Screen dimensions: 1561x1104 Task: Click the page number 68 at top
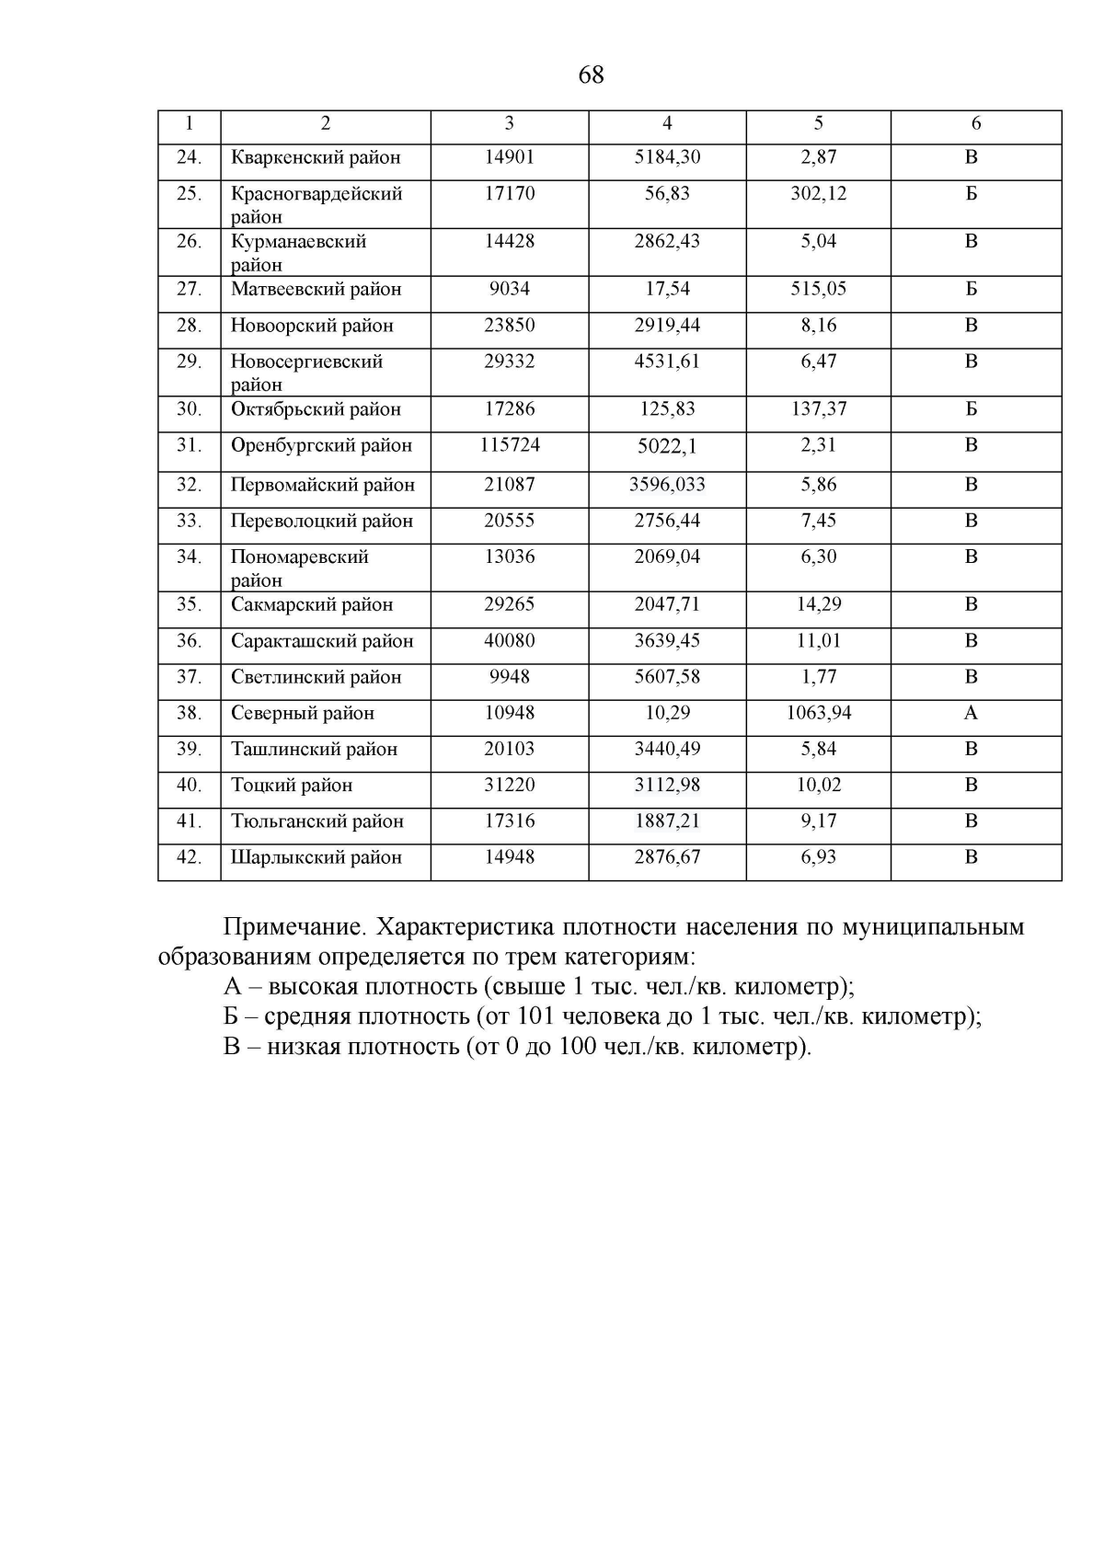coord(591,75)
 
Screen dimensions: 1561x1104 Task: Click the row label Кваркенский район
coord(316,157)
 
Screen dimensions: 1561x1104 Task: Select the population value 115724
coord(510,445)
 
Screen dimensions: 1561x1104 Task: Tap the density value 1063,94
coord(819,713)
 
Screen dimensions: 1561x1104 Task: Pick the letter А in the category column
coord(971,713)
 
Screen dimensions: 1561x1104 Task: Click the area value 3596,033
coord(667,485)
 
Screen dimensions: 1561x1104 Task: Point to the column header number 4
coord(667,123)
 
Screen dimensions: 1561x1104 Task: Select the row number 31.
coord(189,445)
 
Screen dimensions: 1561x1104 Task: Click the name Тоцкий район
coord(292,786)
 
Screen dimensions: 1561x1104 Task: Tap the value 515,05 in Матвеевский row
coord(819,289)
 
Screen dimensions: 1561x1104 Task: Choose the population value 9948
coord(510,677)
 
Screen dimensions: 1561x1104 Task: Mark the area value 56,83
coord(667,194)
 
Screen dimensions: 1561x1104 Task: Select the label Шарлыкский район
coord(316,857)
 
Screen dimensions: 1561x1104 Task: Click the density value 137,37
coord(819,409)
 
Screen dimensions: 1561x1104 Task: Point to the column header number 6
coord(976,123)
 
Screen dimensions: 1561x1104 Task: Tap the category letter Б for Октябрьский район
coord(971,409)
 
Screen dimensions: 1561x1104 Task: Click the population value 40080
coord(510,641)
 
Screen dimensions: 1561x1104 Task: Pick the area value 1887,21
coord(667,821)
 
